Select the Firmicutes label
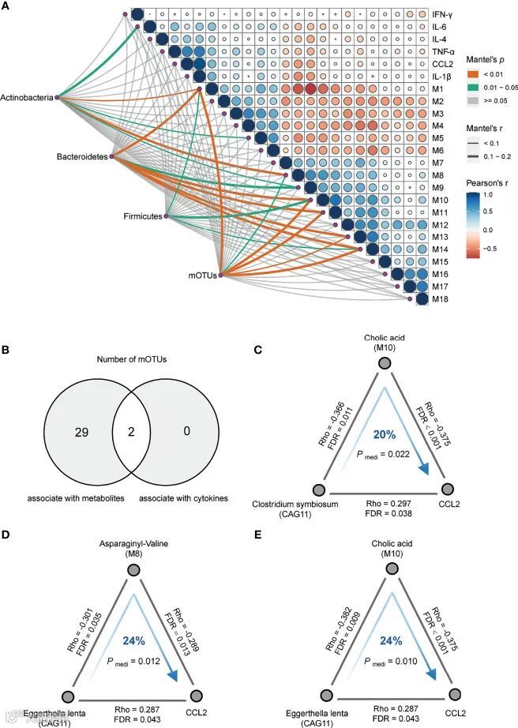point(143,216)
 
